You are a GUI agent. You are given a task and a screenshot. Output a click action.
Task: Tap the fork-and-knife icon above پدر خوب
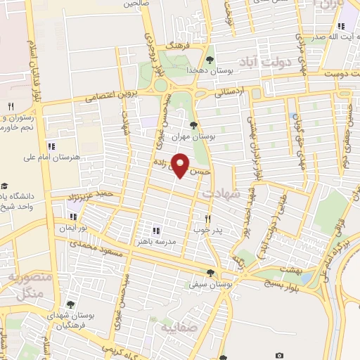(x=207, y=219)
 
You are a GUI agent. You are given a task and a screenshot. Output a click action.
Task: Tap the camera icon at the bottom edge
(x=280, y=356)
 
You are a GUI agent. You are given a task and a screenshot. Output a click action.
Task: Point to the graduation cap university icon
(x=5, y=182)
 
